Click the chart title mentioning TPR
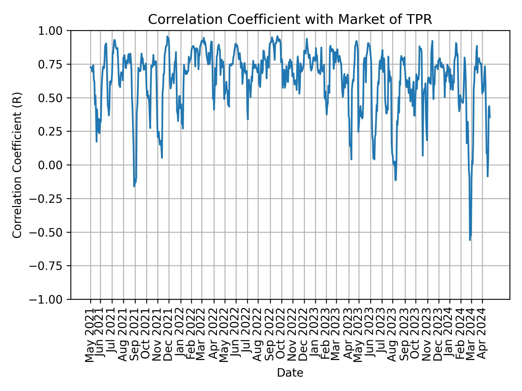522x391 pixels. [x=290, y=20]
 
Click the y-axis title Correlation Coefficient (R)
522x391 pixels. [x=17, y=165]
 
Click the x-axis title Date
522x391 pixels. [x=290, y=373]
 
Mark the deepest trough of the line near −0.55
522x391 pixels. [x=470, y=239]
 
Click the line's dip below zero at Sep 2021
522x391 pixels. [x=134, y=186]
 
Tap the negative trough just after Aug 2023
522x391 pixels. [x=395, y=180]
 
